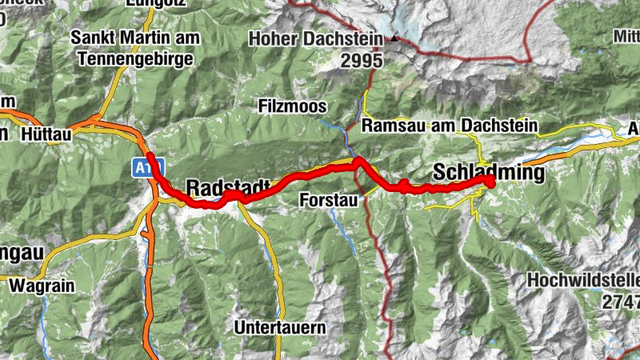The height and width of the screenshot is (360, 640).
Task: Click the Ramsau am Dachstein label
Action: (450, 126)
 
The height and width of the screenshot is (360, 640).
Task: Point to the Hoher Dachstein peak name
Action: (317, 38)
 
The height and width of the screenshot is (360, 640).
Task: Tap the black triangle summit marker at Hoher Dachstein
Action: (394, 38)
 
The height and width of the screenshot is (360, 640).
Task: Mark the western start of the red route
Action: (149, 154)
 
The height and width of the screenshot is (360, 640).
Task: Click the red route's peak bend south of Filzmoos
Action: (357, 162)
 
